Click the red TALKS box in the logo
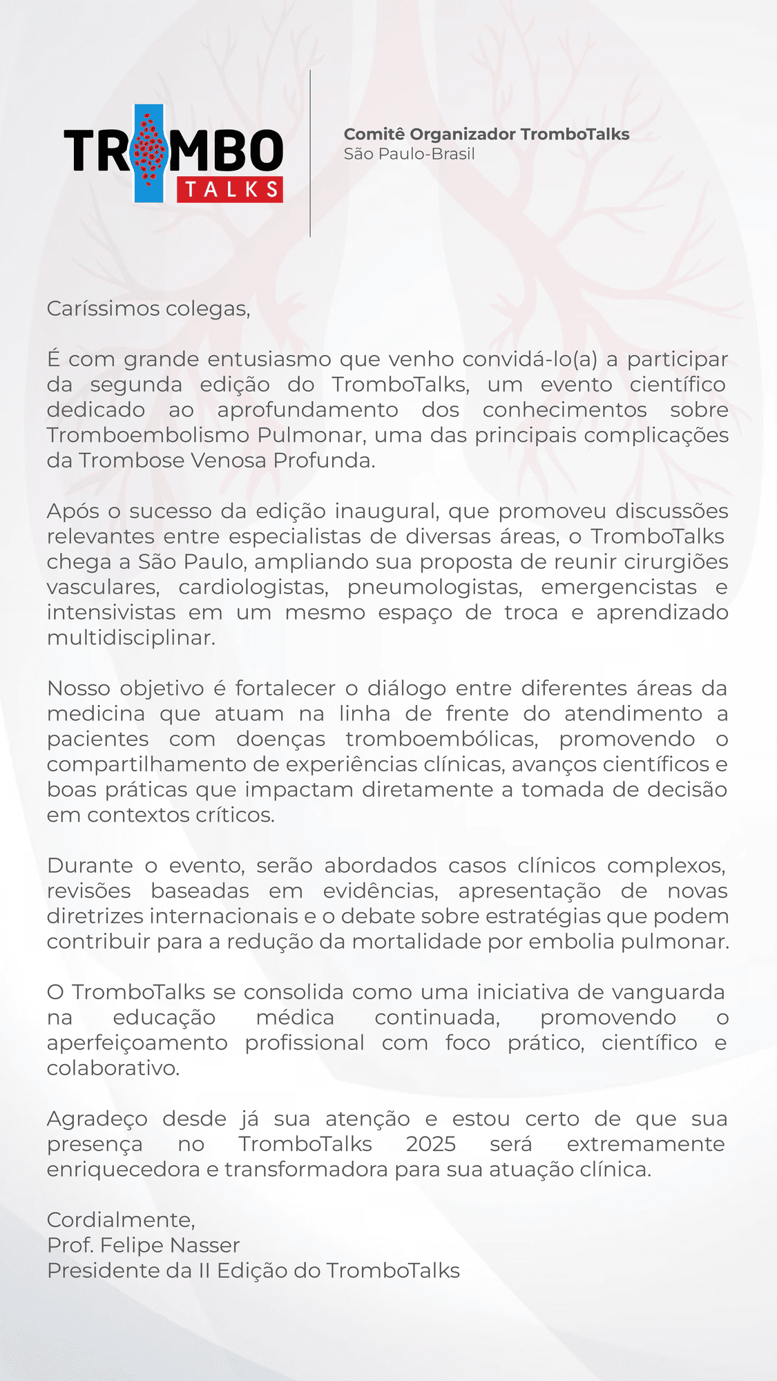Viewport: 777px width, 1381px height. point(230,190)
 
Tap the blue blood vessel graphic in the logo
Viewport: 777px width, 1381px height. point(148,153)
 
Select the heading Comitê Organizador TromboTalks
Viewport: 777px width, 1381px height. point(486,134)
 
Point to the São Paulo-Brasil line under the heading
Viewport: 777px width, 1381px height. point(409,154)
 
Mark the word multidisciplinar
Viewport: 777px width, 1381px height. point(131,637)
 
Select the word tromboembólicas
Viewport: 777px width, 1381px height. point(441,739)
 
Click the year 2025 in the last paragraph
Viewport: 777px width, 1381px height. point(431,1144)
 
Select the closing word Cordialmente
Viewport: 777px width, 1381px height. point(121,1220)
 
